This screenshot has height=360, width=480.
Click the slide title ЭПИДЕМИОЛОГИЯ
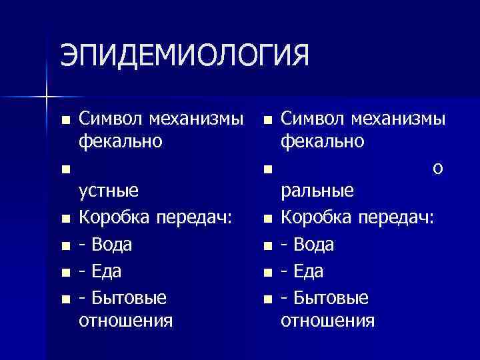185,55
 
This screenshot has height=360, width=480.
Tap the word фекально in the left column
120,141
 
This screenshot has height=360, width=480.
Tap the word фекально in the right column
323,141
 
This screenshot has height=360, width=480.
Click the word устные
109,191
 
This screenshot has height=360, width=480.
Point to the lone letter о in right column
437,168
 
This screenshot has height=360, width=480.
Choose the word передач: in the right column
395,217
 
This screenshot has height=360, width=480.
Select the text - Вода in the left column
105,245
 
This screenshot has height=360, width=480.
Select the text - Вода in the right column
308,245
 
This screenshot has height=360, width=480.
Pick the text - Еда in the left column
100,271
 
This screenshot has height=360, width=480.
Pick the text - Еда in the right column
303,271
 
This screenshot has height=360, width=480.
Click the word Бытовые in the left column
127,297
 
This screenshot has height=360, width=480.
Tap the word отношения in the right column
327,321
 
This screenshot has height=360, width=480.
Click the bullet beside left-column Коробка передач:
65,219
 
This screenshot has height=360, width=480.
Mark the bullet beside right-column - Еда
267,273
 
